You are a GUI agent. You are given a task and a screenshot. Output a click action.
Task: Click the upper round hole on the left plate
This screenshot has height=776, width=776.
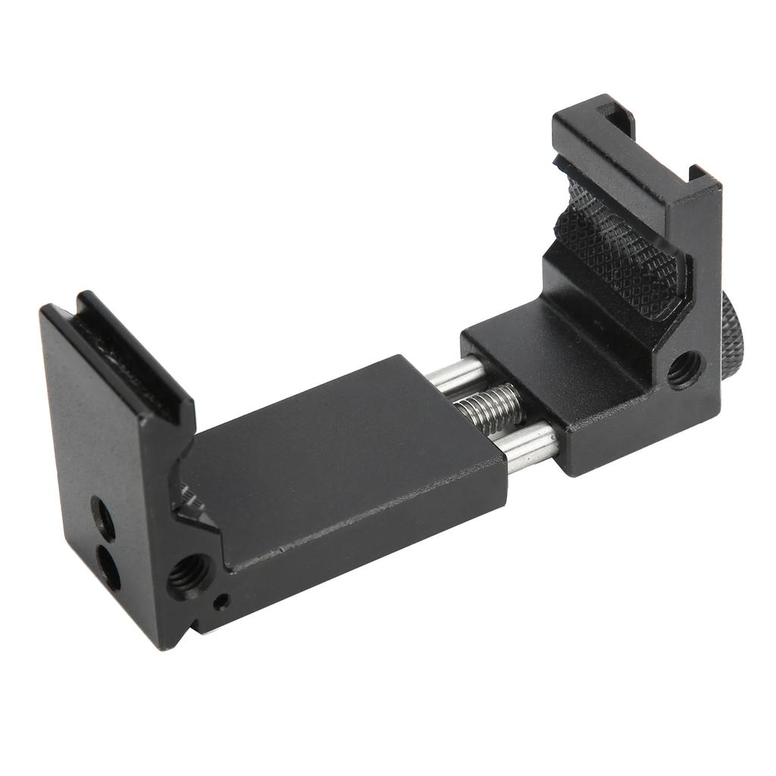[x=103, y=518]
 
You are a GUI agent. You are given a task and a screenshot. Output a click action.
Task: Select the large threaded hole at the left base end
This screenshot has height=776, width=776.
[x=187, y=575]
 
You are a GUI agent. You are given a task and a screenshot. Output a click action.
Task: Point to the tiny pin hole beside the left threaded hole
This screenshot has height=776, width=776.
[x=221, y=603]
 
